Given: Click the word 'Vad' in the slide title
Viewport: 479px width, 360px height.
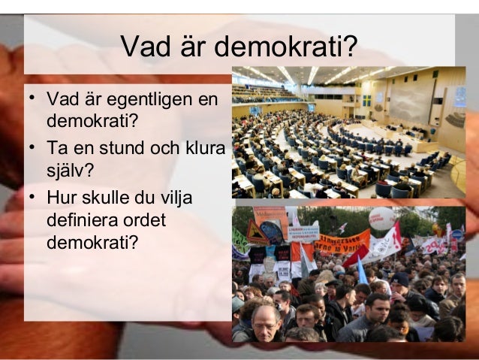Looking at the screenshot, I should coord(145,48).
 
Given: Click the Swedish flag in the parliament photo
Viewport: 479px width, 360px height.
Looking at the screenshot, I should coord(367,101).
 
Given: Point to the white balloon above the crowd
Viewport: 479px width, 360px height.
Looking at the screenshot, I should coord(381,219).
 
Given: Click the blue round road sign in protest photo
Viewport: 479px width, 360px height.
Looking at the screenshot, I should coord(457,234).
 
